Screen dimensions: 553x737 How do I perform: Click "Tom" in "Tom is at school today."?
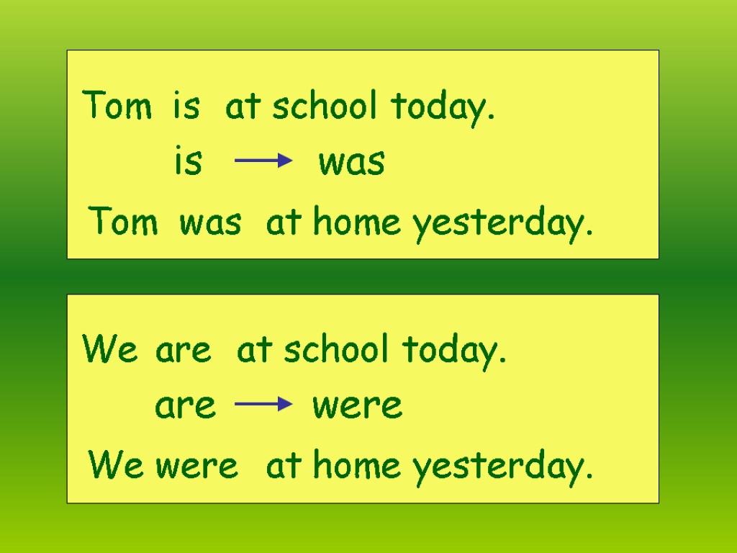(117, 107)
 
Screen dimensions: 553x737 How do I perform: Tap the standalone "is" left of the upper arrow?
(189, 162)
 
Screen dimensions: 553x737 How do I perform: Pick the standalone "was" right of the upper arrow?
(352, 163)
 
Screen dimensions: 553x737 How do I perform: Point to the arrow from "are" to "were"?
(263, 405)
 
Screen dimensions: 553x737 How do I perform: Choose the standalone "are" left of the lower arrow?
(186, 406)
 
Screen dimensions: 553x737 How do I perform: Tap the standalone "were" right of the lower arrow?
(357, 406)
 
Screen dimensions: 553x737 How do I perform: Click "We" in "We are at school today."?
(110, 351)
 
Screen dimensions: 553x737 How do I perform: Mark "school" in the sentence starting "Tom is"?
(325, 107)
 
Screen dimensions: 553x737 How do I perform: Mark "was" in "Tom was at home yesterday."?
(210, 223)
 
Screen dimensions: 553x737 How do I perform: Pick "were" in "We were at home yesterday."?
(196, 467)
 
